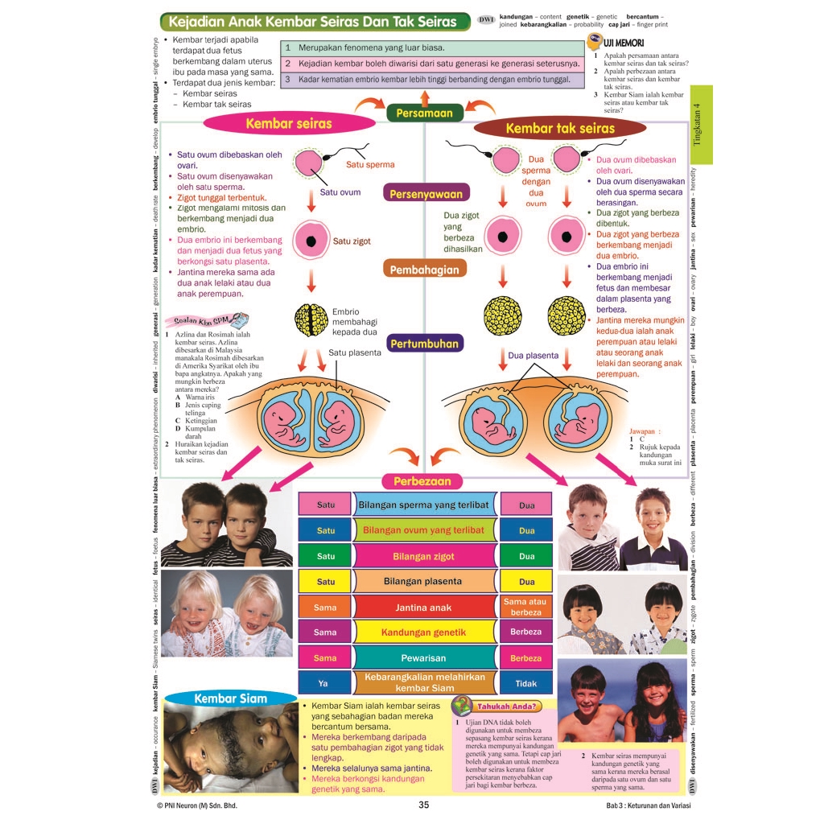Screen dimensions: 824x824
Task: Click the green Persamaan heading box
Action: (x=425, y=113)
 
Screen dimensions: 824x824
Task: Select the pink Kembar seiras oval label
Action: (x=288, y=124)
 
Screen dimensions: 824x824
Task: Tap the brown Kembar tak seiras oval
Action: (x=559, y=128)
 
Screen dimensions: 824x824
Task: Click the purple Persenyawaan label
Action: (x=426, y=194)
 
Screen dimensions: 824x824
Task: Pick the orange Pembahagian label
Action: (x=425, y=270)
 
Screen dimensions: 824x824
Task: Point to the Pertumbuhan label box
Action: (x=425, y=344)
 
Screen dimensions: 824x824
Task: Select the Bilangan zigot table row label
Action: (x=424, y=556)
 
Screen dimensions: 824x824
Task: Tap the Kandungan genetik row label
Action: (x=424, y=632)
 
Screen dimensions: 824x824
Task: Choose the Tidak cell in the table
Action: (x=526, y=683)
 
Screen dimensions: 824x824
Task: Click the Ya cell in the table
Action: (x=325, y=683)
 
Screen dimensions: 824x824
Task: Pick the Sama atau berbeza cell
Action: (x=526, y=607)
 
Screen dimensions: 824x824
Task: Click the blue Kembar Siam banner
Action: (x=230, y=698)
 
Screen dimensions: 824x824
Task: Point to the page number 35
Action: (x=424, y=805)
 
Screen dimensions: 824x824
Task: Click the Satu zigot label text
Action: (x=352, y=241)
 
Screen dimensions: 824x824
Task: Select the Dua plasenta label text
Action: (x=533, y=355)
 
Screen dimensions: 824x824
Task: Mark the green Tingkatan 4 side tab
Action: (x=701, y=126)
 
